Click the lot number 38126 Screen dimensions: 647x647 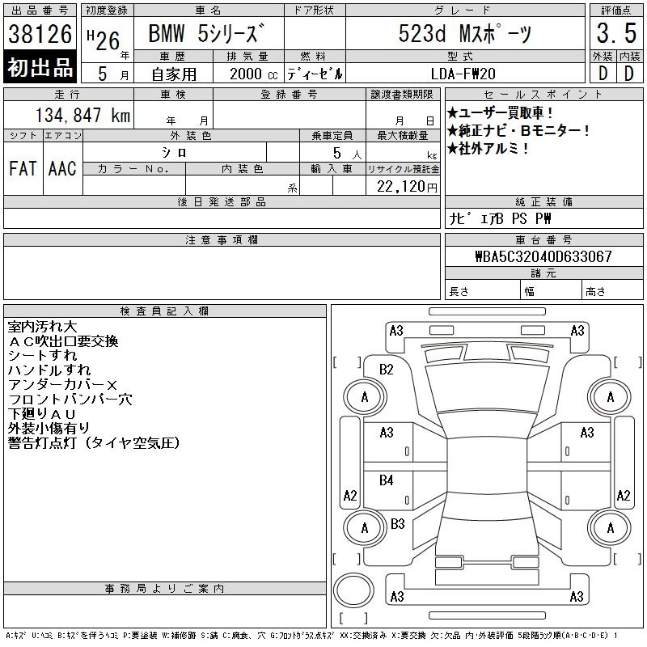point(40,34)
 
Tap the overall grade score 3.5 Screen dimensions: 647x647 point(616,33)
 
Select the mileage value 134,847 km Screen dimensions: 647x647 point(83,115)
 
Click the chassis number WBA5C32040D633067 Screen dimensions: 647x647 point(543,256)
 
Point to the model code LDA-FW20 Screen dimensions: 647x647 point(463,74)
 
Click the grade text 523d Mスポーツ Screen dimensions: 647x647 point(465,33)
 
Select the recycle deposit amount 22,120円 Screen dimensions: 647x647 point(407,187)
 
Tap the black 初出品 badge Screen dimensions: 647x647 point(40,67)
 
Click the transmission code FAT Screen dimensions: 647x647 point(23,168)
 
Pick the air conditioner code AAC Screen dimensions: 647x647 point(62,168)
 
